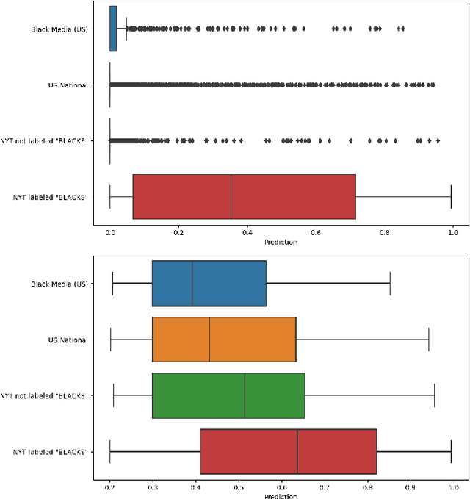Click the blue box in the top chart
click(x=113, y=29)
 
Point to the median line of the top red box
click(x=231, y=196)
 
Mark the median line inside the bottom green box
click(x=245, y=395)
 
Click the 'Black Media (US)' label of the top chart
click(x=59, y=29)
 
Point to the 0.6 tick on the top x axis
click(x=315, y=233)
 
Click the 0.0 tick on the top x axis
click(x=110, y=233)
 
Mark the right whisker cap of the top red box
click(x=451, y=196)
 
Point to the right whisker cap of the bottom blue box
click(x=390, y=283)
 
